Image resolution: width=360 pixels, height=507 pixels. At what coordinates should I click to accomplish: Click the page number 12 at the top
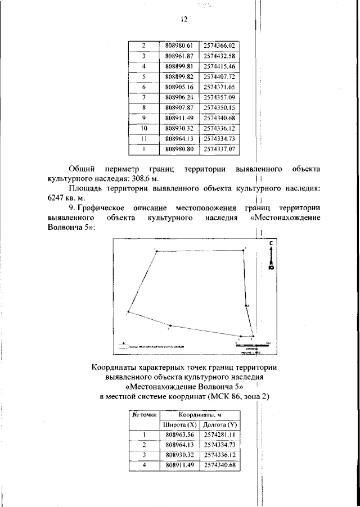(x=183, y=19)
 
